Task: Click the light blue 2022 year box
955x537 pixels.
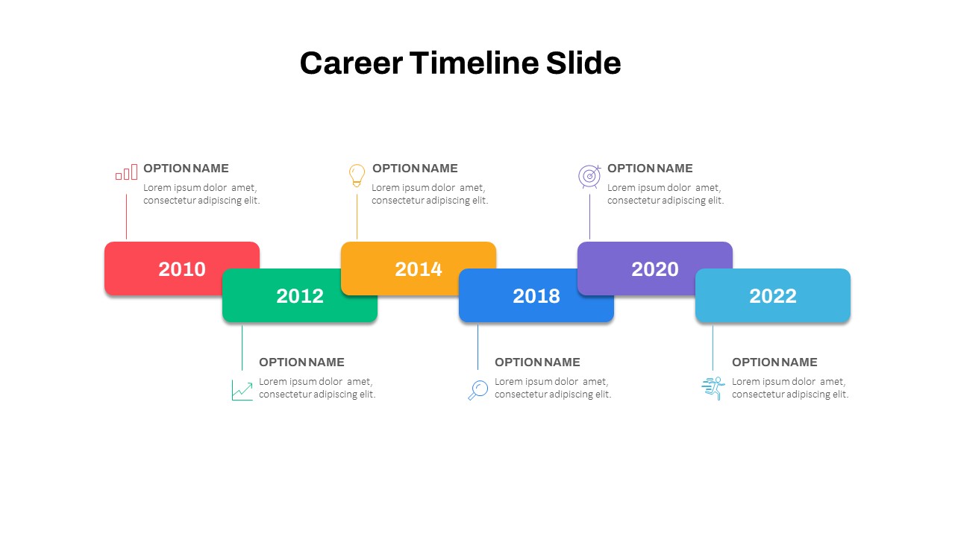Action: pos(773,296)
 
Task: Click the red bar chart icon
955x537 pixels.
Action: pos(126,172)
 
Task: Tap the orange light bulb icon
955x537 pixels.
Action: pos(357,175)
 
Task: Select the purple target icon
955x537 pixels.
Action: pos(589,176)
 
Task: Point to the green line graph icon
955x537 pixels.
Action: pos(242,390)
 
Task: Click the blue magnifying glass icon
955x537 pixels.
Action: pos(477,390)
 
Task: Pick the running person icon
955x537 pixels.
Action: pos(713,389)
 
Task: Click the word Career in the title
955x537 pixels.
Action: pos(349,63)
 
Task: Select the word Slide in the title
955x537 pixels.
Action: pos(583,63)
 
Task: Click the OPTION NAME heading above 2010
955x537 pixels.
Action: pos(186,169)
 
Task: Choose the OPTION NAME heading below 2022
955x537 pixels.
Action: pos(774,362)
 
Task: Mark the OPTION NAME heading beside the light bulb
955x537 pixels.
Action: pos(415,169)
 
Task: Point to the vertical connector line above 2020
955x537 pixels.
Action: pos(589,216)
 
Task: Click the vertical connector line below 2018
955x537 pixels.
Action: pos(478,347)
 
